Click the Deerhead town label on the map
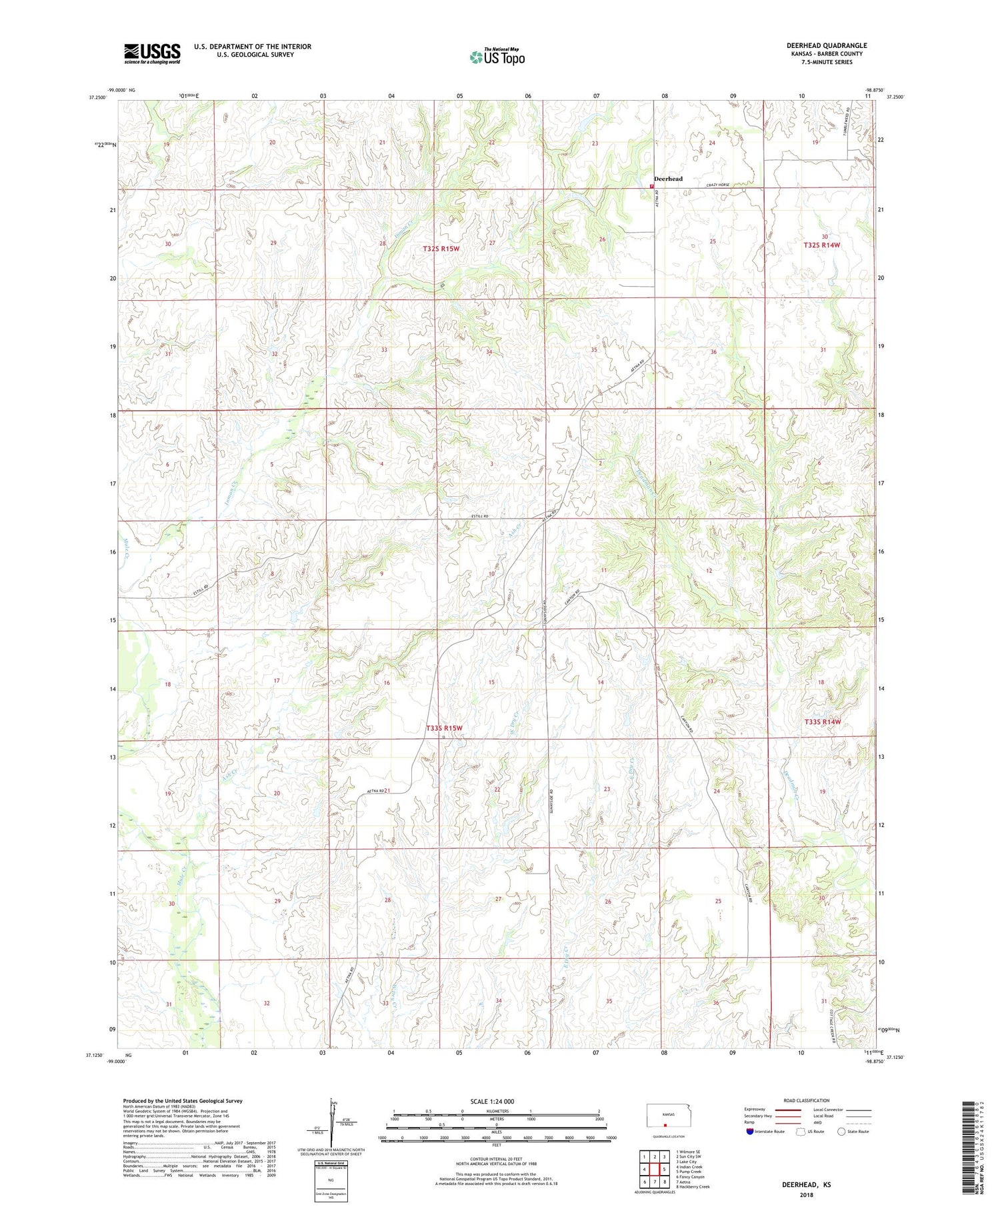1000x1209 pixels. [x=668, y=179]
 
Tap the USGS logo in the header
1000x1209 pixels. [x=152, y=53]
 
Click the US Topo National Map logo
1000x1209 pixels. [x=497, y=57]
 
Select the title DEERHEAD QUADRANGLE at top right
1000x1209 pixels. [x=826, y=45]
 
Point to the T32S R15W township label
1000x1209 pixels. [x=441, y=249]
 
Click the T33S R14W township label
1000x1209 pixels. [x=822, y=722]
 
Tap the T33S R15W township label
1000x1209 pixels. [x=443, y=728]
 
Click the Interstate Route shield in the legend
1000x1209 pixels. [x=750, y=1131]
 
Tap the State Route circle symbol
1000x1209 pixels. [x=842, y=1131]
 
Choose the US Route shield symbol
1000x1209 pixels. [x=801, y=1131]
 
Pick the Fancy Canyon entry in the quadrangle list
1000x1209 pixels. [x=690, y=1177]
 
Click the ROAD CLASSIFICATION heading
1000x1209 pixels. [x=806, y=1100]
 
